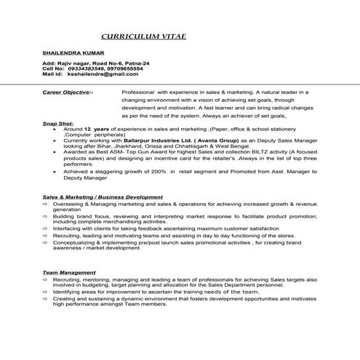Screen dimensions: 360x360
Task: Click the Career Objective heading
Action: [x=68, y=93]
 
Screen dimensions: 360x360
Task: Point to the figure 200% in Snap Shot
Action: [x=161, y=172]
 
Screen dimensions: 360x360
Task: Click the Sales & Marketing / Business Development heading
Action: [x=102, y=197]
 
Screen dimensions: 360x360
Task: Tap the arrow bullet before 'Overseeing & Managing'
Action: [x=45, y=205]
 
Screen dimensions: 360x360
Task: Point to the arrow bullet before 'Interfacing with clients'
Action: [x=45, y=228]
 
